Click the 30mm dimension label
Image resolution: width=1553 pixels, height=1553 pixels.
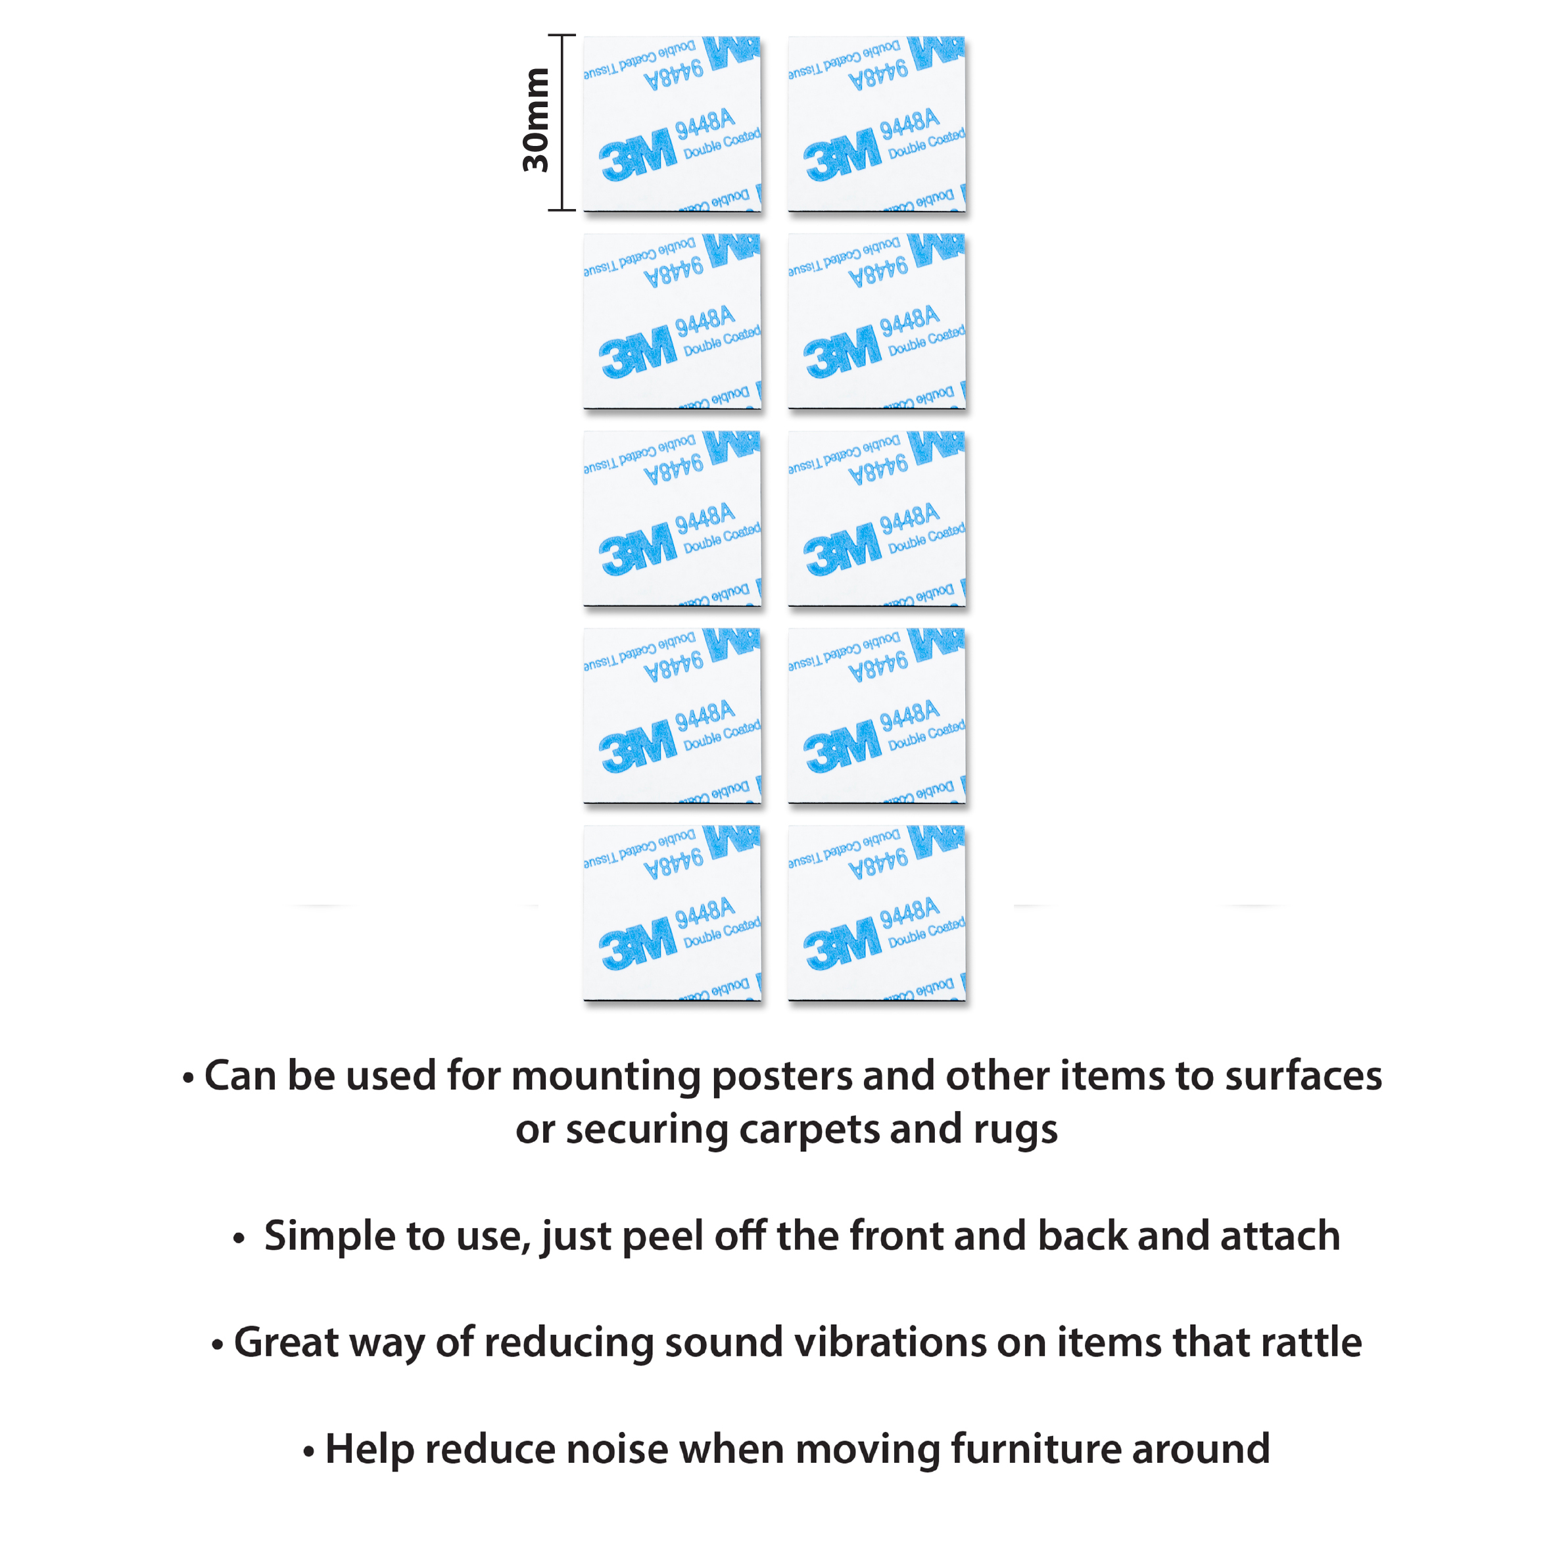pyautogui.click(x=535, y=120)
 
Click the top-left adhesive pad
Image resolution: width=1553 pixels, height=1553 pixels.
pyautogui.click(x=672, y=124)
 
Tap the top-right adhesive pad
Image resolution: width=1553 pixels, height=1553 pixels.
pyautogui.click(x=876, y=124)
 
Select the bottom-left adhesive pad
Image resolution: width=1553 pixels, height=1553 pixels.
pyautogui.click(x=672, y=913)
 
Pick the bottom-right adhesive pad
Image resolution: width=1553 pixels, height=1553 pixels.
pyautogui.click(x=876, y=913)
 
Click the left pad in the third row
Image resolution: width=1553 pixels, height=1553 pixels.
pyautogui.click(x=672, y=519)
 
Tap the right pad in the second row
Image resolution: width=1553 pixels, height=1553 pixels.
pyautogui.click(x=876, y=322)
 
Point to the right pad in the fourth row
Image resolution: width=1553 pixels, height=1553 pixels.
pyautogui.click(x=876, y=715)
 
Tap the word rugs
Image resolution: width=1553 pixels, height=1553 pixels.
pyautogui.click(x=1015, y=1130)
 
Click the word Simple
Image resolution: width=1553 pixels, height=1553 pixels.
pyautogui.click(x=329, y=1235)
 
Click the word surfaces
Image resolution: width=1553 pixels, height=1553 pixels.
pyautogui.click(x=1303, y=1076)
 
